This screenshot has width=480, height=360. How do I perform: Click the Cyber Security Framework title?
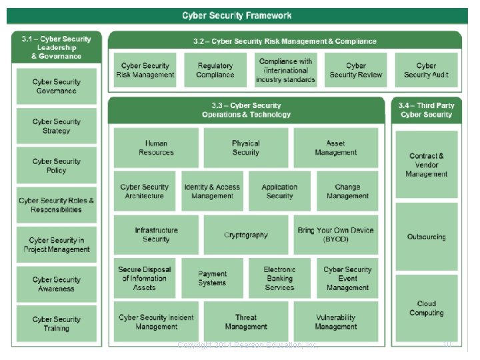[x=237, y=15]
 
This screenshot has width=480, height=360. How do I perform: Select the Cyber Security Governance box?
[x=57, y=86]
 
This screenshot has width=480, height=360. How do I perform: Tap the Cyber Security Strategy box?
[x=57, y=126]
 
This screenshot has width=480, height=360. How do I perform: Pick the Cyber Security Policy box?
[x=57, y=165]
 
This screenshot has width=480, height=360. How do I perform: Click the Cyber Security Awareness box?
[x=57, y=284]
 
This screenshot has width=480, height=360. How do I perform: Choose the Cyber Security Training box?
[x=57, y=323]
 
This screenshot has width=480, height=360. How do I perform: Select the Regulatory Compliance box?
[x=215, y=70]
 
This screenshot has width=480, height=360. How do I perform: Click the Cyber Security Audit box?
[x=426, y=70]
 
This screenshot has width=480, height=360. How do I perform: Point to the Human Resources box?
[x=156, y=147]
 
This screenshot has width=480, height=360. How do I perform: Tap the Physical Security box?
[x=246, y=147]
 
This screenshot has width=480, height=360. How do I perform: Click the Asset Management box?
[x=336, y=147]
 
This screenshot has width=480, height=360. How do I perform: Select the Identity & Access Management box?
[x=213, y=191]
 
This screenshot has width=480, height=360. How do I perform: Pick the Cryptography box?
[x=246, y=235]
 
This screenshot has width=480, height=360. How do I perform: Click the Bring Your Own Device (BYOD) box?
[x=336, y=235]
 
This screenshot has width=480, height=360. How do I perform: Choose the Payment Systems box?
[x=212, y=278]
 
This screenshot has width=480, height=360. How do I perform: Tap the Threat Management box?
[x=246, y=322]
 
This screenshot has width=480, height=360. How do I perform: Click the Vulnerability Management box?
[x=336, y=322]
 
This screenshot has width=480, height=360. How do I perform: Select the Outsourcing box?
[x=427, y=237]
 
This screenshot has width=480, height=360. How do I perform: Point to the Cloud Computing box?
[x=427, y=308]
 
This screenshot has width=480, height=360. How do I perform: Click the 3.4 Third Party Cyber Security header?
[x=427, y=110]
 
